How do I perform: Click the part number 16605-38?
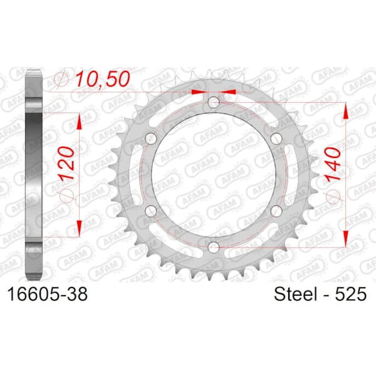[48, 295]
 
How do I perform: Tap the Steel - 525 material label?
[320, 294]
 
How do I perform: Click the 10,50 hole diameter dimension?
[103, 79]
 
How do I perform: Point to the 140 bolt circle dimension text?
[333, 164]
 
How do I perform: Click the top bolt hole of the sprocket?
[214, 102]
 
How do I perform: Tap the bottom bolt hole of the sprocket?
[214, 248]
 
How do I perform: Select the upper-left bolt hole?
[151, 138]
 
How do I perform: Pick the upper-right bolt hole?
[276, 138]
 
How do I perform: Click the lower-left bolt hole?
[151, 211]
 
